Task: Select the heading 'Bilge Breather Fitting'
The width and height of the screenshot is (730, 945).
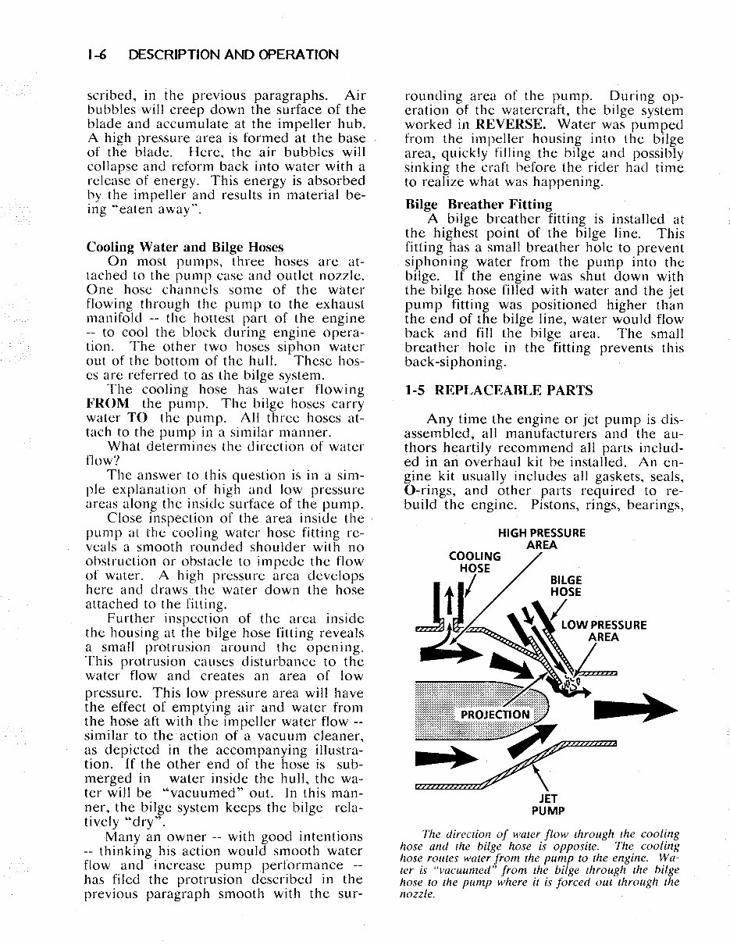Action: pos(478,205)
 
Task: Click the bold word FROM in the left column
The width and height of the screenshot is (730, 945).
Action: pos(108,403)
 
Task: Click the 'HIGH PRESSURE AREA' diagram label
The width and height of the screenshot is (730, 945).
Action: pos(541,539)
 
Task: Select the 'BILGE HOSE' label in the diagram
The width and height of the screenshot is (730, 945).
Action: pos(565,586)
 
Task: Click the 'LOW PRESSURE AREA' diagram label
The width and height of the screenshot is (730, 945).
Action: pos(604,630)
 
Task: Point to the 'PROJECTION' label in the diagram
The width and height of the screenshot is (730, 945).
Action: pos(495,714)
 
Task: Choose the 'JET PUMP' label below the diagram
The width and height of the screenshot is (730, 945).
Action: pos(551,804)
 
